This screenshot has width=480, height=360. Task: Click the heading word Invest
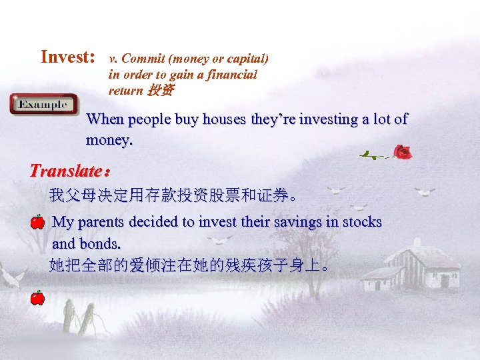point(68,57)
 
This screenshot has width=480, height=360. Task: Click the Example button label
point(43,105)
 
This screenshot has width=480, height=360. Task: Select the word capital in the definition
point(246,58)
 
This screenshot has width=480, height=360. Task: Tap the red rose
point(403,153)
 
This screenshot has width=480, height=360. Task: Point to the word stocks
point(362,221)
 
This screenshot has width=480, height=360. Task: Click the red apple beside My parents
point(37,221)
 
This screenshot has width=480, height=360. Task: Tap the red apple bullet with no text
point(37,297)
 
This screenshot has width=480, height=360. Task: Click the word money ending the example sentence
point(109,141)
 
